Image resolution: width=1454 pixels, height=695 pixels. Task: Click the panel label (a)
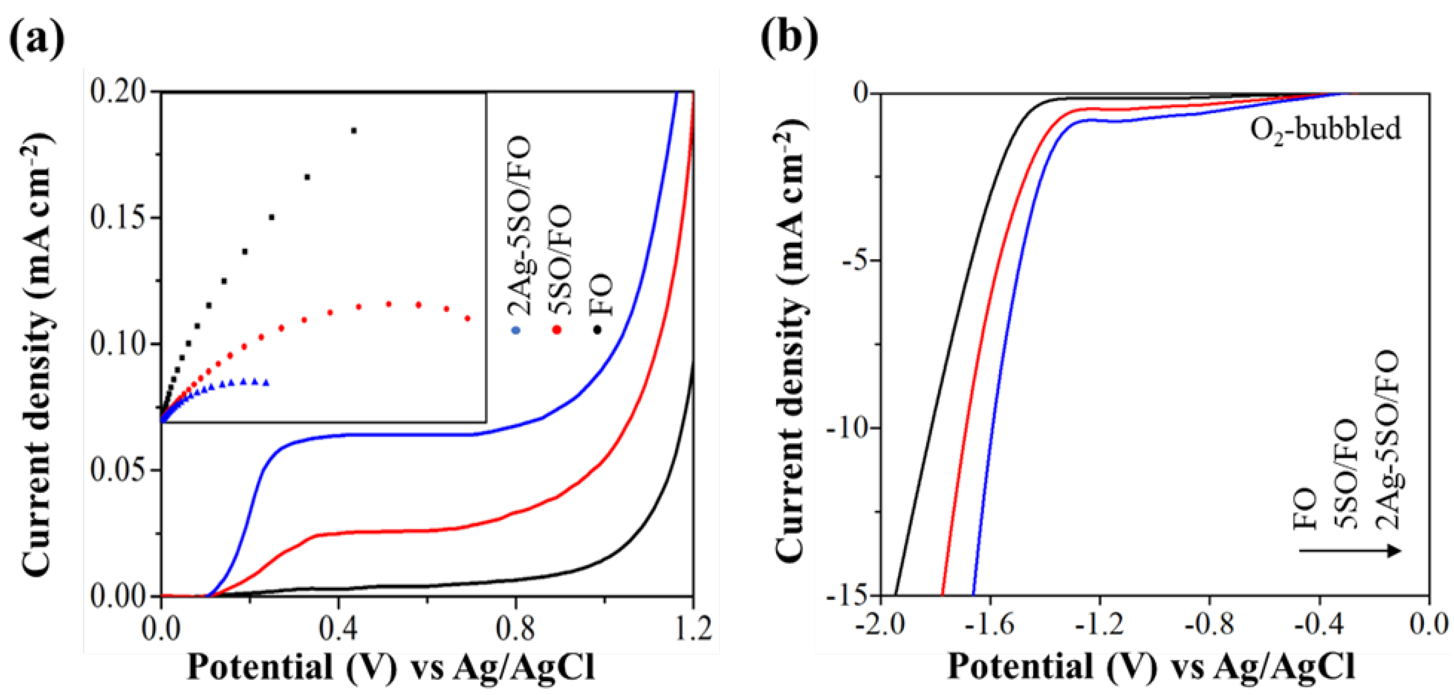point(37,38)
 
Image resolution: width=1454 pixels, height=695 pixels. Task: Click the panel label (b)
point(789,38)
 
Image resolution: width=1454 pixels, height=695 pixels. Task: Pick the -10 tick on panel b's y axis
point(847,428)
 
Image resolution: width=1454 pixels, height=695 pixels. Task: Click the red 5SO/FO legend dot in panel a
point(556,330)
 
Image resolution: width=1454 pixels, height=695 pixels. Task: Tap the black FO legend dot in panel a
point(598,330)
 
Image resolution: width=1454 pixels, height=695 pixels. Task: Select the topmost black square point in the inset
point(354,131)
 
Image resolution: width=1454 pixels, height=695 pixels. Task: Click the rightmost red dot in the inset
point(467,318)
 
